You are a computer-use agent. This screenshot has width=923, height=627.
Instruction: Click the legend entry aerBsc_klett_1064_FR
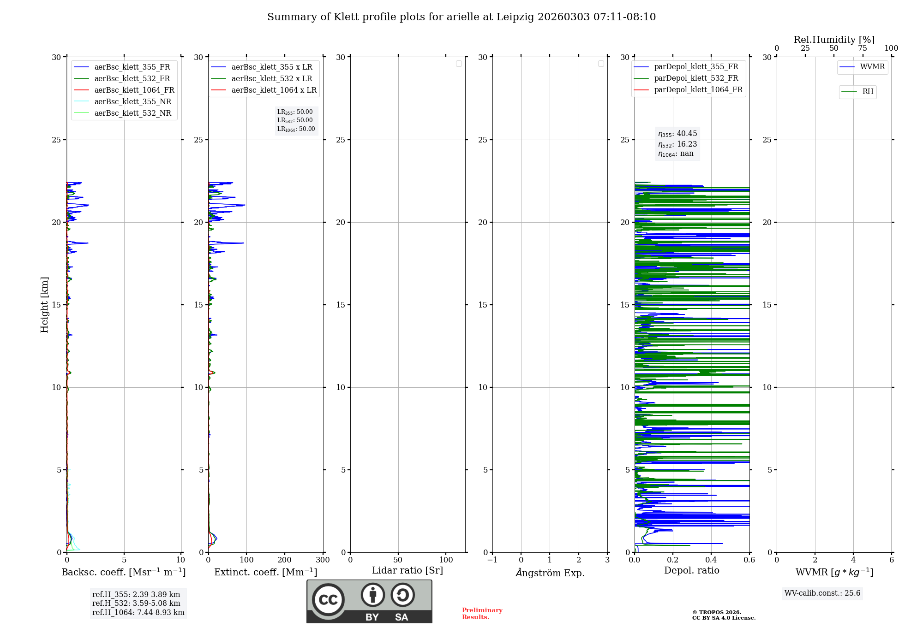pyautogui.click(x=134, y=90)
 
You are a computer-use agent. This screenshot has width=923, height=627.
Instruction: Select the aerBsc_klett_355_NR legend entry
pyautogui.click(x=132, y=102)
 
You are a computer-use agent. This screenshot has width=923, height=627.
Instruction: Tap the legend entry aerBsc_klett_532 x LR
pyautogui.click(x=271, y=79)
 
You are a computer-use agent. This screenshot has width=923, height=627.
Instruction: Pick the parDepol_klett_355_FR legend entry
pyautogui.click(x=696, y=67)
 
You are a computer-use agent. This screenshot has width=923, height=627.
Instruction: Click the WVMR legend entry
pyautogui.click(x=872, y=67)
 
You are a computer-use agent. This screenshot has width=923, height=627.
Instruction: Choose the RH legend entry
pyautogui.click(x=868, y=92)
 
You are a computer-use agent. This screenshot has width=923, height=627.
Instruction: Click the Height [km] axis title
pyautogui.click(x=44, y=305)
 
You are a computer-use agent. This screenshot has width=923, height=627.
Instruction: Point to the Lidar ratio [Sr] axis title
pyautogui.click(x=408, y=570)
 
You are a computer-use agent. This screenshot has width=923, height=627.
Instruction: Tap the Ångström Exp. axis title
pyautogui.click(x=550, y=573)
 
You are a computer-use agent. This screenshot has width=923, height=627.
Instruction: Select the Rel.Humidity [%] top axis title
pyautogui.click(x=834, y=40)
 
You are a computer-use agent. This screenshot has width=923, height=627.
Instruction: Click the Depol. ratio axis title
pyautogui.click(x=691, y=570)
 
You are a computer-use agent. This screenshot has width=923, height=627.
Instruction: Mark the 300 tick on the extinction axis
pyautogui.click(x=323, y=560)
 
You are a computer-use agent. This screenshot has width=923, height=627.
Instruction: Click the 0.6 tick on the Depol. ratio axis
pyautogui.click(x=749, y=560)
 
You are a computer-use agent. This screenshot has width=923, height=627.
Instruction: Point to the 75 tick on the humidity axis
pyautogui.click(x=862, y=48)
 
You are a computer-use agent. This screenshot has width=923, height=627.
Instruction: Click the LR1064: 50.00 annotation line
pyautogui.click(x=296, y=129)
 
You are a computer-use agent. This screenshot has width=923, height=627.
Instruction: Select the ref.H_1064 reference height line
pyautogui.click(x=138, y=613)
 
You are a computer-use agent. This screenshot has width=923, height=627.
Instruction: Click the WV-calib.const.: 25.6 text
pyautogui.click(x=822, y=593)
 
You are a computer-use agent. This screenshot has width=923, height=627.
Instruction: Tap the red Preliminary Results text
pyautogui.click(x=482, y=614)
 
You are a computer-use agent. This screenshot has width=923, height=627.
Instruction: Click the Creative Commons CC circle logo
pyautogui.click(x=328, y=600)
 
